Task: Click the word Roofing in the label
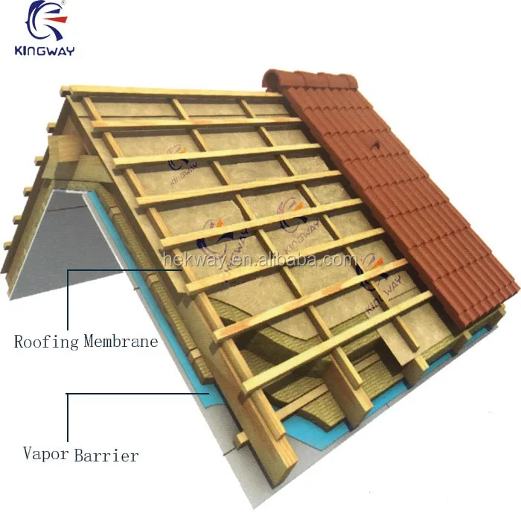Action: [x=46, y=342]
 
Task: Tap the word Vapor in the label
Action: [x=45, y=453]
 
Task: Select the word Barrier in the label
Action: [x=106, y=454]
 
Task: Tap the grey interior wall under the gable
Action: [x=67, y=238]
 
